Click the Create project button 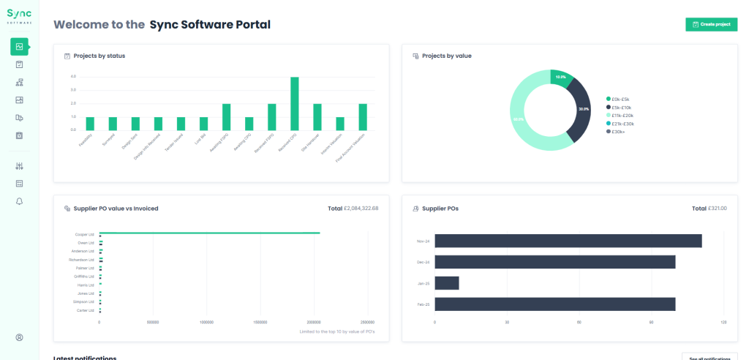pos(711,24)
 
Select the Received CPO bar pos(294,103)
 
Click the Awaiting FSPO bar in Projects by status pos(226,116)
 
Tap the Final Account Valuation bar pos(362,116)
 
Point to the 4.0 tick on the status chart pos(73,77)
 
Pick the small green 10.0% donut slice pos(560,78)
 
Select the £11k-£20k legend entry pos(622,116)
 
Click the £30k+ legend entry pos(620,132)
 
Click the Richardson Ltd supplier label pos(81,260)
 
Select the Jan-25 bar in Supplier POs pos(447,283)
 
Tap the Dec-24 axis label pos(422,262)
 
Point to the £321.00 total pos(717,209)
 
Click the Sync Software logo pos(19,16)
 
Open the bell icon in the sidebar pos(19,200)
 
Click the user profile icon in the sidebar pos(19,337)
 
